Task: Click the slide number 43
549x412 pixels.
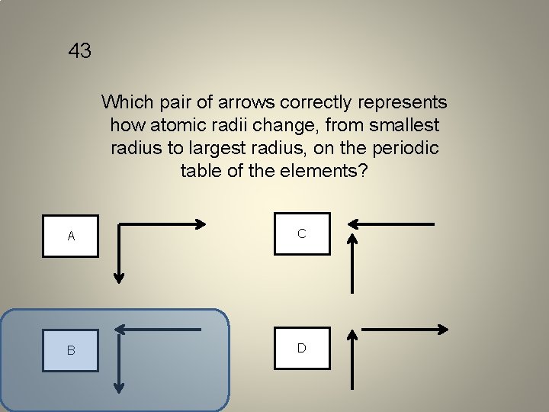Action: coord(79,52)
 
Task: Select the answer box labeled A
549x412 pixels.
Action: coord(71,236)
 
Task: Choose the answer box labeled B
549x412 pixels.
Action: coord(71,350)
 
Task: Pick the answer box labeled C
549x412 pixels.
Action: coord(302,233)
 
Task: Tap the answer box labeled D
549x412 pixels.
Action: coord(302,348)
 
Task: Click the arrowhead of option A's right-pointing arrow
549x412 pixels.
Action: coord(201,224)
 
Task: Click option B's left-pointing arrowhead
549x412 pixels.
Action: coord(120,329)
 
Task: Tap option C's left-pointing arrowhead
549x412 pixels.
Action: coord(353,224)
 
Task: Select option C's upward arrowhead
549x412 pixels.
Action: coord(352,239)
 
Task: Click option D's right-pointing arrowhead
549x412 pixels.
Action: coord(442,329)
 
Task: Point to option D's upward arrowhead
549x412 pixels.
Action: coord(352,335)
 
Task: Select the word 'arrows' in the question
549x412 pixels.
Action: coord(246,102)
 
